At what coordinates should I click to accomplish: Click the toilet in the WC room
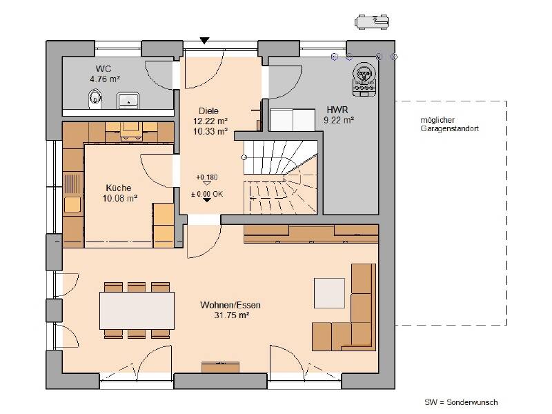(x=95, y=98)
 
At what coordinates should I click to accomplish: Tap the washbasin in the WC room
(x=128, y=100)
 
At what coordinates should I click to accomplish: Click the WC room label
(x=103, y=68)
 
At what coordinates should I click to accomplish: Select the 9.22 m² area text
(x=339, y=120)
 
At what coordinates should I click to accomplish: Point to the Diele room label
(x=209, y=111)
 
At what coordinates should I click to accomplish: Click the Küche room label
(x=119, y=188)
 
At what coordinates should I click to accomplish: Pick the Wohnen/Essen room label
(x=230, y=305)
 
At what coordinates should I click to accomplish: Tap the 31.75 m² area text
(x=232, y=315)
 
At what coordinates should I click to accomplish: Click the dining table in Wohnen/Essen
(x=137, y=310)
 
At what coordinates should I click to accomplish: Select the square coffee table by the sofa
(x=330, y=293)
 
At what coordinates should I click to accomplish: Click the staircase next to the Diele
(x=281, y=177)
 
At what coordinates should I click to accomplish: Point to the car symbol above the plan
(x=372, y=22)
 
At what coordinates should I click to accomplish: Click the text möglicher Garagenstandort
(x=450, y=124)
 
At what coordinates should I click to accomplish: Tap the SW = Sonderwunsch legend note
(x=461, y=402)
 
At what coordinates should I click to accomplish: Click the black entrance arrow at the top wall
(x=204, y=41)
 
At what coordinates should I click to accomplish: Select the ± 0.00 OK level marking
(x=207, y=194)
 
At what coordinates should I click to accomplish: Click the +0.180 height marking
(x=207, y=177)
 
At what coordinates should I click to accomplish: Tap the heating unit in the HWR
(x=364, y=79)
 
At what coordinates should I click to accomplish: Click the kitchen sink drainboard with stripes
(x=72, y=183)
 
